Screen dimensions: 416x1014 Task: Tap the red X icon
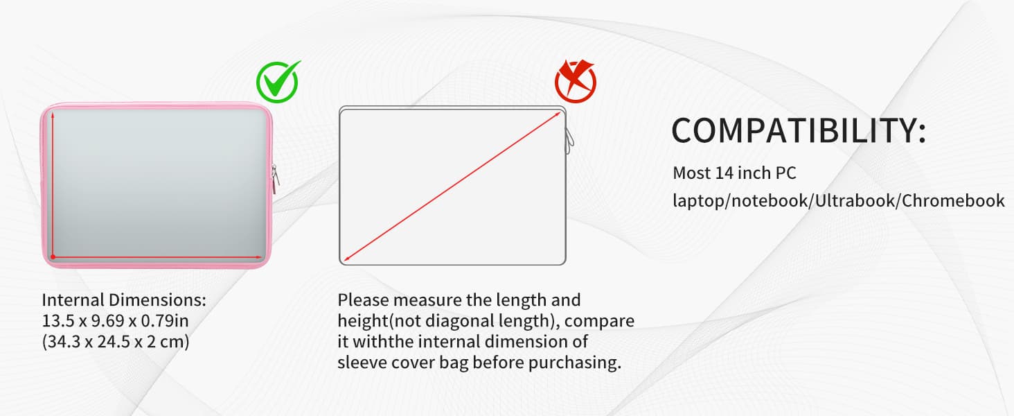[575, 81]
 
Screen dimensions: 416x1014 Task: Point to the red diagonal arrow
[452, 187]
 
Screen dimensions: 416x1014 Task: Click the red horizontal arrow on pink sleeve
[155, 257]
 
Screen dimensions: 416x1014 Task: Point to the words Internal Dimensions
[124, 301]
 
